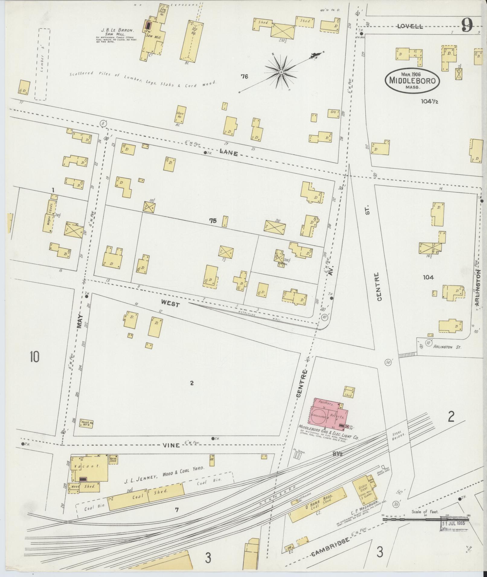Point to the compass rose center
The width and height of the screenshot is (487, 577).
pyautogui.click(x=281, y=72)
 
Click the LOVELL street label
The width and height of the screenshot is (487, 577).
pyautogui.click(x=410, y=26)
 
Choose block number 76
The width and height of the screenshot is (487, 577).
pyautogui.click(x=244, y=77)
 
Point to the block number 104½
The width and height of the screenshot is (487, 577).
pyautogui.click(x=430, y=101)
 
